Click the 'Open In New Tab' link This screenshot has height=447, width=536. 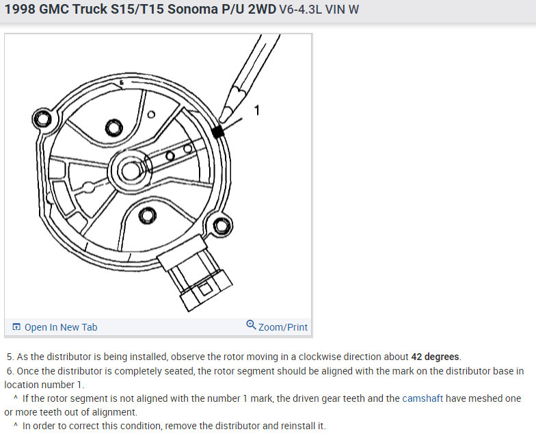click(x=55, y=327)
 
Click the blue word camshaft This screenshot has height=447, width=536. click(x=423, y=398)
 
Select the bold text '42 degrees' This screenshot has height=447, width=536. click(x=435, y=357)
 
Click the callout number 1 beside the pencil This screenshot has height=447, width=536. click(x=257, y=110)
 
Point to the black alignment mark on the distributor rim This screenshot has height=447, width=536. click(x=217, y=131)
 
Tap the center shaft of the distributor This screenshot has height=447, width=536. click(x=130, y=170)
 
